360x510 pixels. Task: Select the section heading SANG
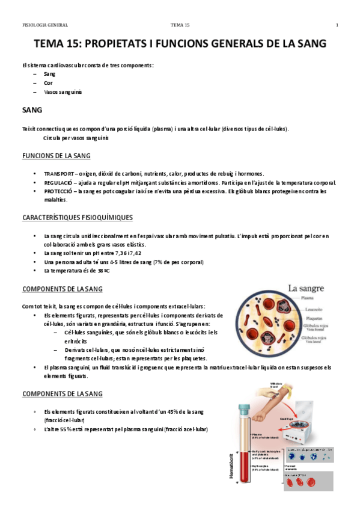[x=31, y=111]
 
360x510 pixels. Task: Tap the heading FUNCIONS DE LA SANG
[x=56, y=156]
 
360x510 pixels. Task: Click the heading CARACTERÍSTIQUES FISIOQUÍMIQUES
[x=77, y=217]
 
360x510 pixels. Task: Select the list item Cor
[x=48, y=82]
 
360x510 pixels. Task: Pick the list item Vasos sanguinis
[x=63, y=92]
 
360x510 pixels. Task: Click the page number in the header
[x=337, y=25]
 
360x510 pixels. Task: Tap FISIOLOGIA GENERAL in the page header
[x=44, y=25]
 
